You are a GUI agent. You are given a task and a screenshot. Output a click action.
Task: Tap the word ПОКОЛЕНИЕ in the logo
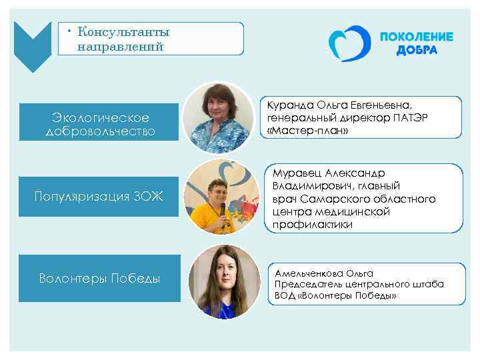pyautogui.click(x=416, y=37)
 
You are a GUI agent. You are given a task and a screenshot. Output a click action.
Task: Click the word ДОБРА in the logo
pyautogui.click(x=416, y=51)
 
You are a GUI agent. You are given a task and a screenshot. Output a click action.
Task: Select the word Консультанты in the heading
pyautogui.click(x=123, y=32)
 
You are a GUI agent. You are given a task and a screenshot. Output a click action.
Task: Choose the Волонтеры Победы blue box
pyautogui.click(x=100, y=278)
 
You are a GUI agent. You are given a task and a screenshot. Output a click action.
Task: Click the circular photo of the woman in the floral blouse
pyautogui.click(x=218, y=113)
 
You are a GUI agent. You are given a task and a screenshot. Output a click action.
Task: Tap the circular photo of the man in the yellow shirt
pyautogui.click(x=221, y=197)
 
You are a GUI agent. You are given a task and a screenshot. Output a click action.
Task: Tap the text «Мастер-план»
pyautogui.click(x=307, y=131)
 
